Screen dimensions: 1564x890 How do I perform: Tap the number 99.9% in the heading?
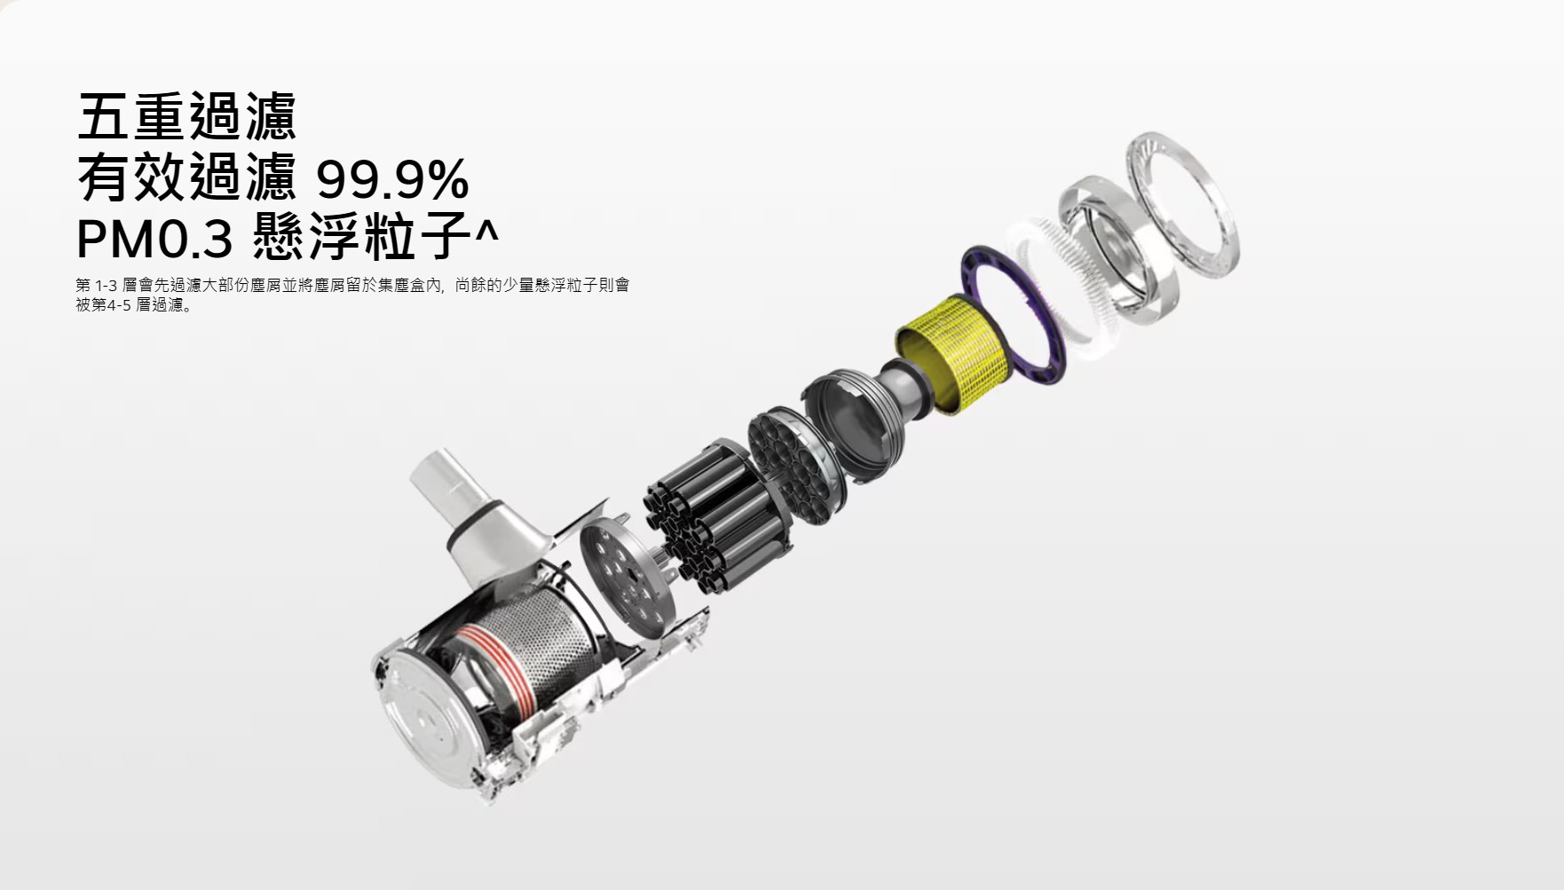pos(392,180)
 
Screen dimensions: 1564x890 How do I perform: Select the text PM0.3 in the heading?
pos(155,239)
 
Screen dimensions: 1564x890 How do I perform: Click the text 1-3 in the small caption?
pos(106,286)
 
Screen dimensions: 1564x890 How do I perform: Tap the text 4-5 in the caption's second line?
pos(120,306)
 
